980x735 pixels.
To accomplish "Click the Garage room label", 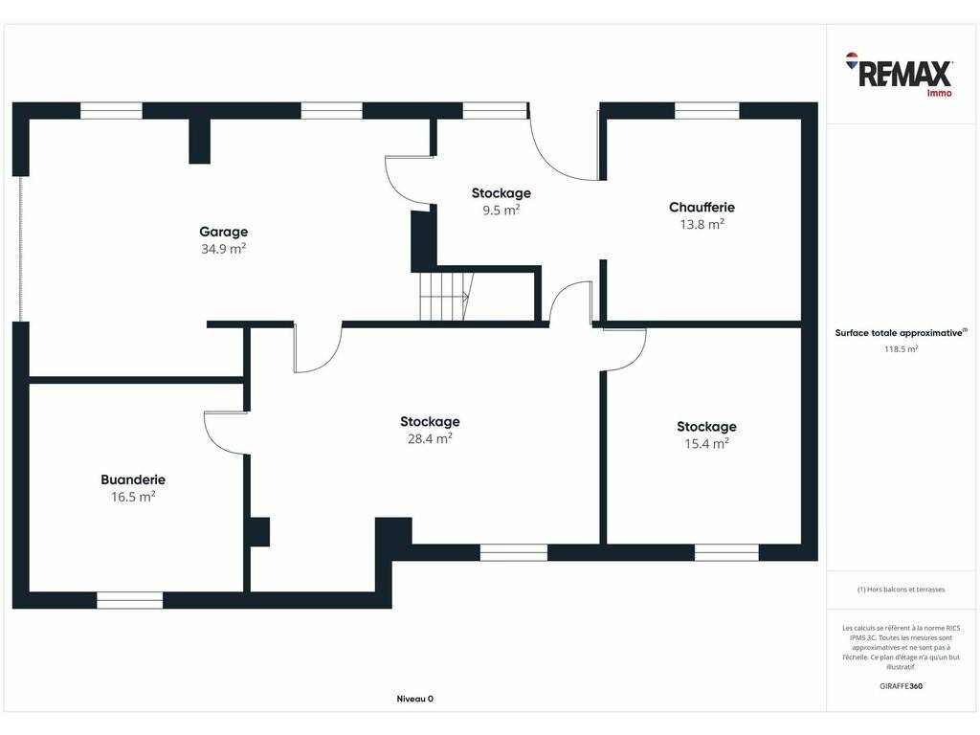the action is pos(223,232).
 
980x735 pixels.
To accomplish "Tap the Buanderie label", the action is pos(133,479).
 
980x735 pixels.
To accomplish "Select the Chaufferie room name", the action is pos(702,207).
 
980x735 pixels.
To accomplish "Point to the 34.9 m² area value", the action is pos(223,249).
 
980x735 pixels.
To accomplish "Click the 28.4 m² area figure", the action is pos(430,438).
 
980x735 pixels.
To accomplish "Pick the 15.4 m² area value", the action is pos(706,444).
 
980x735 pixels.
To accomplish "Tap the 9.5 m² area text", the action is pos(501,210).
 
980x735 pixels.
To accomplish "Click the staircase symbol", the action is pos(445,297).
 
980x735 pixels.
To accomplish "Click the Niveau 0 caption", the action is pos(415,699).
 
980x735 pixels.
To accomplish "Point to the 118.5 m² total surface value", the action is pos(901,349).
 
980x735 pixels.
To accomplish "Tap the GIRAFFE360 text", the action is pos(901,685).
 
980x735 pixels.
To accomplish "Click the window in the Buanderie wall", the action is pos(130,600).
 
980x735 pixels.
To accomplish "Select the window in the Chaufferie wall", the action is pos(707,111).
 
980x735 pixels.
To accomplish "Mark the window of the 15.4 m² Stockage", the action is pos(726,552).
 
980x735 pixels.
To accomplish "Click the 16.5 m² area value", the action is pos(133,497).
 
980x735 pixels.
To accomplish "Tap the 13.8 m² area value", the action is pos(702,224).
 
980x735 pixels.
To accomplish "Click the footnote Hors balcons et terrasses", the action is pos(901,590).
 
